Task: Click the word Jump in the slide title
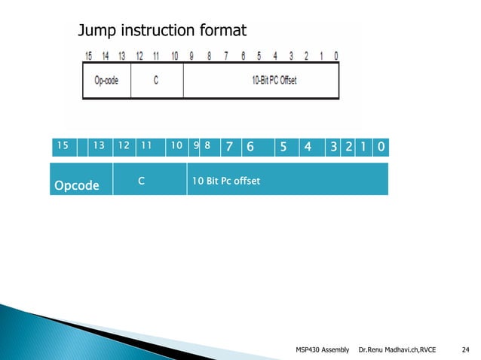tap(99, 31)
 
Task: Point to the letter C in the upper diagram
tap(155, 81)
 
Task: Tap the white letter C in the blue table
tap(141, 181)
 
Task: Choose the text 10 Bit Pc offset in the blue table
tap(225, 181)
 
